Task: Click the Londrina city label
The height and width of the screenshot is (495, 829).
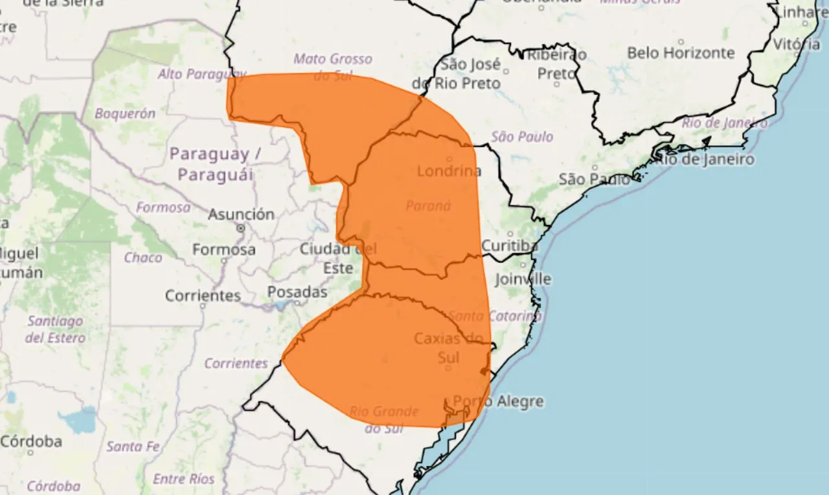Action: click(x=449, y=171)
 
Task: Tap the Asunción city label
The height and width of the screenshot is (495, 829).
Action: click(x=241, y=214)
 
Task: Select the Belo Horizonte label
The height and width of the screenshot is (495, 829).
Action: click(x=681, y=53)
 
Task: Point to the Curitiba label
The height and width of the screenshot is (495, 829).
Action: click(x=510, y=246)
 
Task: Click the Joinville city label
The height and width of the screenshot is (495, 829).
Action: click(x=523, y=279)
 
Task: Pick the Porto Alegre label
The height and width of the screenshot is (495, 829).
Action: click(x=498, y=402)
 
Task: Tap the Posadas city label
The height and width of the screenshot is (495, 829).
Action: click(x=297, y=292)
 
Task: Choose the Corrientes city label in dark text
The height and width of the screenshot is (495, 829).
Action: click(x=203, y=295)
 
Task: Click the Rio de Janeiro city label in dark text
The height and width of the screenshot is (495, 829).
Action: click(x=704, y=159)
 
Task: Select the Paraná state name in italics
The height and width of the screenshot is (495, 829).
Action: click(x=427, y=206)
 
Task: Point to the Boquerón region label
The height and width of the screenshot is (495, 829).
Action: click(x=125, y=113)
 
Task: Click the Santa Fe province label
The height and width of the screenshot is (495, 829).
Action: click(x=133, y=446)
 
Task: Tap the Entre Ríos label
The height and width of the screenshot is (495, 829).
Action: click(x=183, y=479)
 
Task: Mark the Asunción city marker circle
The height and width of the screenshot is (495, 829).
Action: click(x=241, y=228)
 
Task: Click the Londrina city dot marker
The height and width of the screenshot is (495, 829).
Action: click(x=449, y=159)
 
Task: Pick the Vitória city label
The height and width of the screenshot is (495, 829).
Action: click(x=796, y=45)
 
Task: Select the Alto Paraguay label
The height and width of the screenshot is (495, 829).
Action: click(x=201, y=74)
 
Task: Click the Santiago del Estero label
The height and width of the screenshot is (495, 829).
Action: click(x=55, y=329)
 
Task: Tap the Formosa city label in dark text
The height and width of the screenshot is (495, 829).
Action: click(x=223, y=249)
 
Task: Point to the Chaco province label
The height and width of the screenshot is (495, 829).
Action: click(x=143, y=258)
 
